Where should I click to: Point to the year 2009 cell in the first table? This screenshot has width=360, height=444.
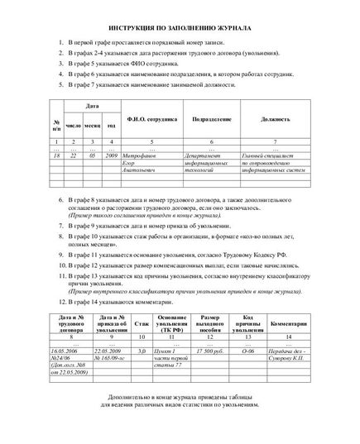(111, 155)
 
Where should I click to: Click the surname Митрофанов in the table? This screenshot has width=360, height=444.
(149, 155)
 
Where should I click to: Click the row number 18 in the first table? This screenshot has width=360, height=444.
(56, 155)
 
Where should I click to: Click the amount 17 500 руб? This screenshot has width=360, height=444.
(210, 351)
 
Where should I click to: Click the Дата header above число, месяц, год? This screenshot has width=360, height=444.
(93, 106)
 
